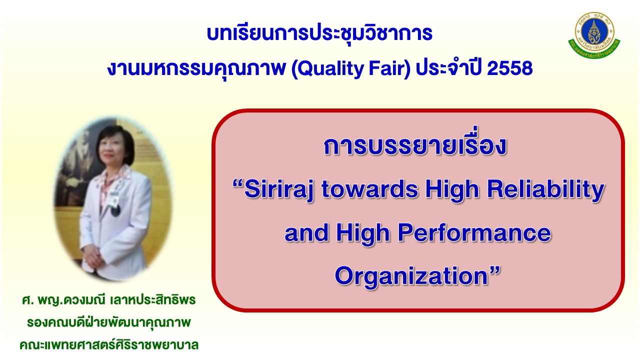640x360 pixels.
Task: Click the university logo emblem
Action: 594,35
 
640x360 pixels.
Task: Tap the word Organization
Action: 411,275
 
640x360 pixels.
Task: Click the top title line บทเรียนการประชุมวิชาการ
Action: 319,33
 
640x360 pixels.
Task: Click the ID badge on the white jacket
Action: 114,198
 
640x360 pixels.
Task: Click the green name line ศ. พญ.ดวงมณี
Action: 109,300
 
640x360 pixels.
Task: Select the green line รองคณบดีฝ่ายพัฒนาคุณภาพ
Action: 108,322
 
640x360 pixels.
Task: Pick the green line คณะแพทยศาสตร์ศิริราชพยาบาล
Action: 109,344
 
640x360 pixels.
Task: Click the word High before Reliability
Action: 452,190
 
